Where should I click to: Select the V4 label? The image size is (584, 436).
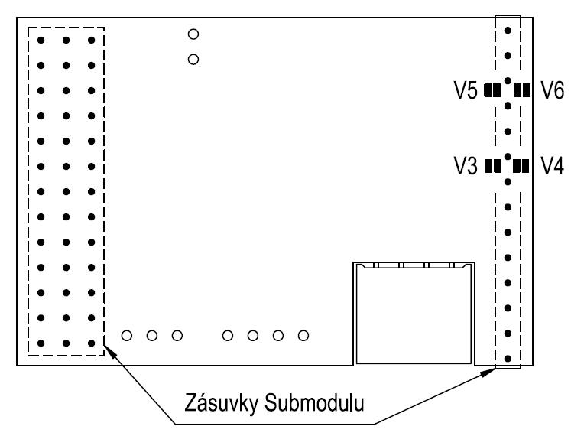[552, 165]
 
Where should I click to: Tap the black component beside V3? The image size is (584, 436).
[493, 165]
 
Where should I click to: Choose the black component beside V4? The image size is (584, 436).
[522, 165]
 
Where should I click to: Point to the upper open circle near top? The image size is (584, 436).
[193, 34]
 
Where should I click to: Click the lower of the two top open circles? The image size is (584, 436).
[193, 58]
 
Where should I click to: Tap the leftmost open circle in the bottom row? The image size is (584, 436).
[127, 335]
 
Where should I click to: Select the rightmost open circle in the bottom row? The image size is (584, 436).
[303, 335]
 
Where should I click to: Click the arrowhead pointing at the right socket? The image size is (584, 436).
[491, 371]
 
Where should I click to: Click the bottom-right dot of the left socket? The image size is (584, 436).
[92, 343]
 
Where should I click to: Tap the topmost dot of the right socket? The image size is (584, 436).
[508, 31]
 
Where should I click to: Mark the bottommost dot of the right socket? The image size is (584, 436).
[508, 357]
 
